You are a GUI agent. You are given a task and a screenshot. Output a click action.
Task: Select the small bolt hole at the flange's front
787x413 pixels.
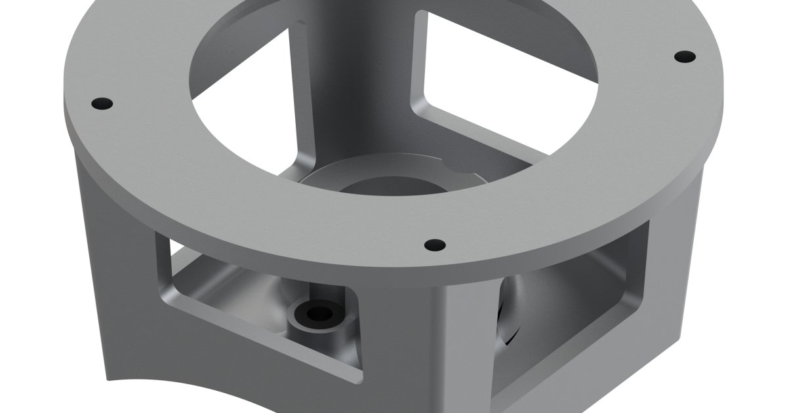434,245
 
